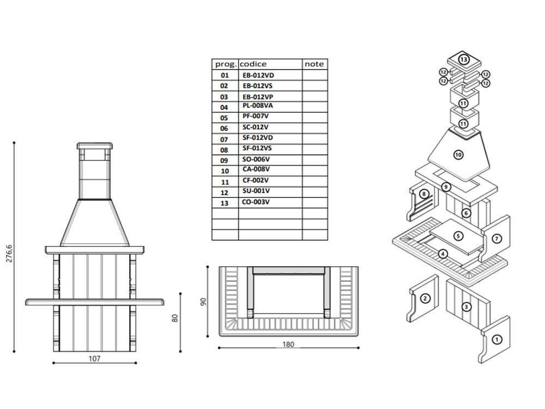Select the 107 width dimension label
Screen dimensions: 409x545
coord(95,359)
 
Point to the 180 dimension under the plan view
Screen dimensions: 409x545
coord(288,344)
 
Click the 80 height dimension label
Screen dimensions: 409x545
coord(175,317)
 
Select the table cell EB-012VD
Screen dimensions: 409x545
coord(258,75)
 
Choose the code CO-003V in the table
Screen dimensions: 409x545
coord(256,202)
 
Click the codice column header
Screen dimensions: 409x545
coord(253,64)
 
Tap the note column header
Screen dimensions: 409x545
coord(314,64)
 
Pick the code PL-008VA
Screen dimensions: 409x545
coord(258,106)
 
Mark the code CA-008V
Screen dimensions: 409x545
coord(256,170)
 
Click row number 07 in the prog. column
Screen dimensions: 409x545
coord(225,140)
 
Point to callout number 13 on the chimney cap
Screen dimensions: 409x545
coord(464,59)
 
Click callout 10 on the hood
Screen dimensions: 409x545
coord(458,155)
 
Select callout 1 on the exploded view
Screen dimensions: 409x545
coord(496,339)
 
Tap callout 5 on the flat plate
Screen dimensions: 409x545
coord(458,236)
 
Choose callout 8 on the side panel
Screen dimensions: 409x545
coord(423,194)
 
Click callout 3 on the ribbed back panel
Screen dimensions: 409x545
coord(466,307)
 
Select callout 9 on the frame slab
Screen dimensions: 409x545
coord(446,187)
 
